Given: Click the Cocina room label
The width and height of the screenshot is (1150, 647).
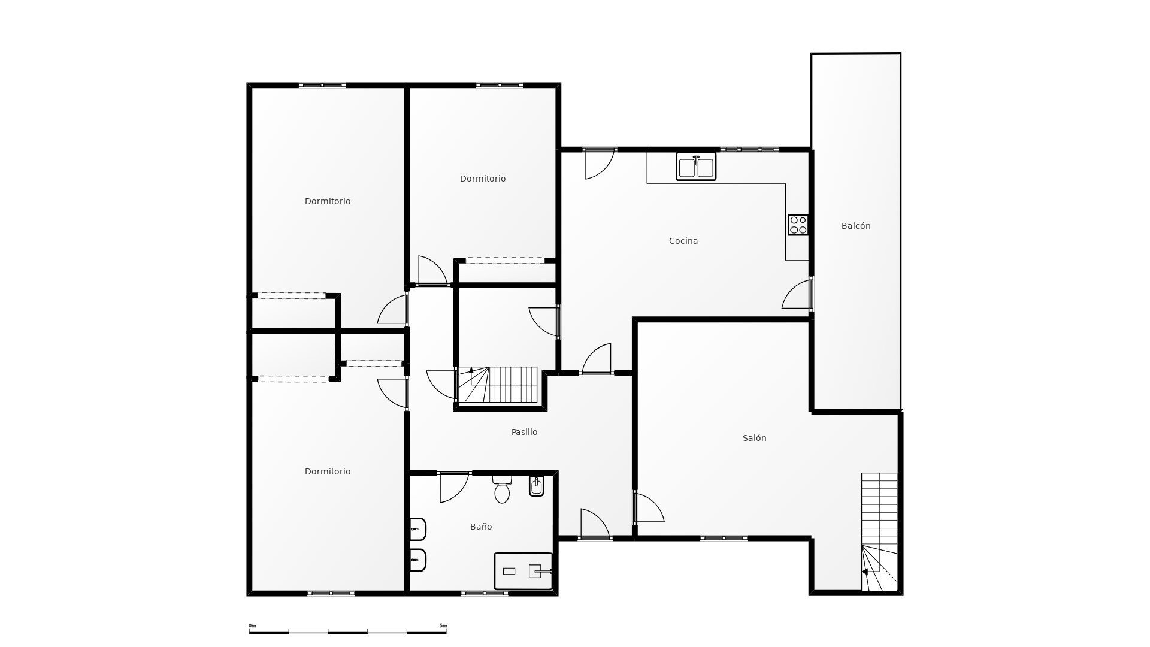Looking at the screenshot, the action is [x=683, y=241].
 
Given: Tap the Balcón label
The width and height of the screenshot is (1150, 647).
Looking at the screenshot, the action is [x=856, y=226].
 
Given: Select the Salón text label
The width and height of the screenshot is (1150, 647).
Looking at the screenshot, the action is [x=754, y=438].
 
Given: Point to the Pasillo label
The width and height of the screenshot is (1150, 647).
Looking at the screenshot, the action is [x=524, y=432].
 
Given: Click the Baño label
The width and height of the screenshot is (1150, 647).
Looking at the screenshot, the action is [x=481, y=527].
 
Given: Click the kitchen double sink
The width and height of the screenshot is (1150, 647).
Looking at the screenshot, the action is [x=696, y=167].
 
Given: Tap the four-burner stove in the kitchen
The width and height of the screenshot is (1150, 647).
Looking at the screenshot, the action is [x=798, y=225].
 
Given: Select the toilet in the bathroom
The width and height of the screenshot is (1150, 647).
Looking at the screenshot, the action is [x=502, y=489].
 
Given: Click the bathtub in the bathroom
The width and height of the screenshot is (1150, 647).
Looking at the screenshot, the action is [x=523, y=571].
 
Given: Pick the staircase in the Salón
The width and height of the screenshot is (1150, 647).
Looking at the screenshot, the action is [x=879, y=532].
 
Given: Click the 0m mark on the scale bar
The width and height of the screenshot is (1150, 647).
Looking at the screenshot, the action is [x=252, y=625].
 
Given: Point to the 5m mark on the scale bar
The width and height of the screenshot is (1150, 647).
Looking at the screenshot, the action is [x=443, y=625].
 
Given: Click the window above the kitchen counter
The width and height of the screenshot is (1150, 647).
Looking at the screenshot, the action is [x=749, y=149].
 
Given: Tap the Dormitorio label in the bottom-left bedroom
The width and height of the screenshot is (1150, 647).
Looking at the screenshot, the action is [x=328, y=471].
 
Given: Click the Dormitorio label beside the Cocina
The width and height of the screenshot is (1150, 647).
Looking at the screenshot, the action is [x=483, y=179].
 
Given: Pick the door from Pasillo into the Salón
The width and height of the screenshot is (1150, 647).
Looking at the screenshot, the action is [x=649, y=507].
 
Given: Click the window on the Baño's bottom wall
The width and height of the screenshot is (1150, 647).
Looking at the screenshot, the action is [x=485, y=593].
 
